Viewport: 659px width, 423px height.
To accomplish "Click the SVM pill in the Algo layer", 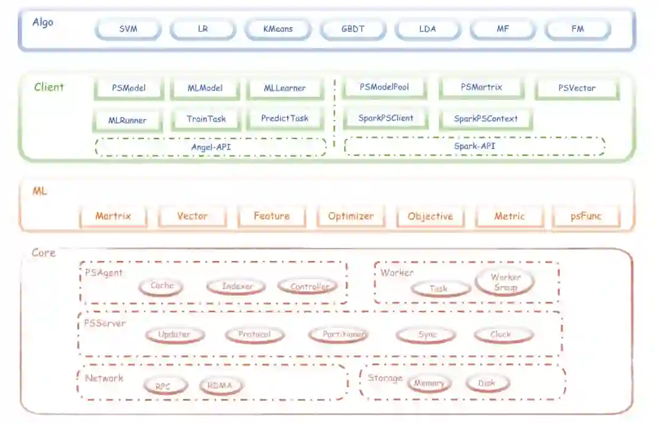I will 128,29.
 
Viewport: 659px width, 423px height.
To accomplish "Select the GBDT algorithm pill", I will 353,29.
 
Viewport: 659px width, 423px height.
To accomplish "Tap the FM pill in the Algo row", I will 577,29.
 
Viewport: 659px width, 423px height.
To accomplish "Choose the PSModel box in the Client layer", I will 129,88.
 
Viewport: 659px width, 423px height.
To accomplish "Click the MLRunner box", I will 128,120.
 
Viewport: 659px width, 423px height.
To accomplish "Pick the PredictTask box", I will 284,118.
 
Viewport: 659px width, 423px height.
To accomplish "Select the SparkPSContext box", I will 486,119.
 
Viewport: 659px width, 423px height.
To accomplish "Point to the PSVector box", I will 577,88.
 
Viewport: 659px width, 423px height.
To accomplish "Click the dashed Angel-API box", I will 211,147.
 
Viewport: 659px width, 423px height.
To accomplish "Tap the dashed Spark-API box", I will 474,146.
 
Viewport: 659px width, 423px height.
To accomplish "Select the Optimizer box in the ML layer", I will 351,216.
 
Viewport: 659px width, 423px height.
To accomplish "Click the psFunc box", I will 586,216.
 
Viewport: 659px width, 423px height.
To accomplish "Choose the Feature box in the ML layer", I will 272,216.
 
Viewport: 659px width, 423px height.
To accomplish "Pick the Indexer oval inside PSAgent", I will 237,286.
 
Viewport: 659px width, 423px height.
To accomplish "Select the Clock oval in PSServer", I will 503,335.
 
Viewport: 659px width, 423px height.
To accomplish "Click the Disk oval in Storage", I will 487,383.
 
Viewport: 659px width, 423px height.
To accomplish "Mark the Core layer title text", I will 43,253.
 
